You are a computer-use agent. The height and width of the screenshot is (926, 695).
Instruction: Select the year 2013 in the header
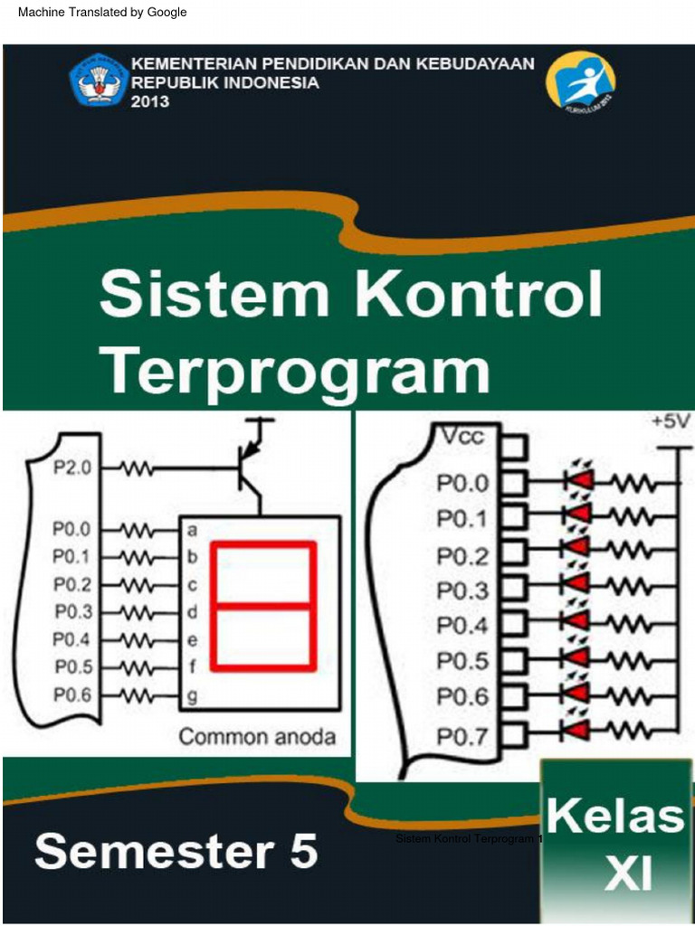[150, 101]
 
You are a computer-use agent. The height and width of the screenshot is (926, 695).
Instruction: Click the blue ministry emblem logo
[99, 80]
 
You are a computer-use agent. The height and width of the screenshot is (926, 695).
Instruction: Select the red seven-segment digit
[263, 606]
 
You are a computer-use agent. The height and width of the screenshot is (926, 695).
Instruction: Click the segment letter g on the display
[192, 696]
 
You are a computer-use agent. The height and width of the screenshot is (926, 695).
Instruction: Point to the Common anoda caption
[257, 736]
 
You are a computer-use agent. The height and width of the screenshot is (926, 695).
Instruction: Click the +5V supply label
[670, 422]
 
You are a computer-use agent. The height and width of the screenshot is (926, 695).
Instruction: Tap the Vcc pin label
[462, 438]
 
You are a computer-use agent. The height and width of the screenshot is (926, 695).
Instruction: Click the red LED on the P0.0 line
[579, 480]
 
